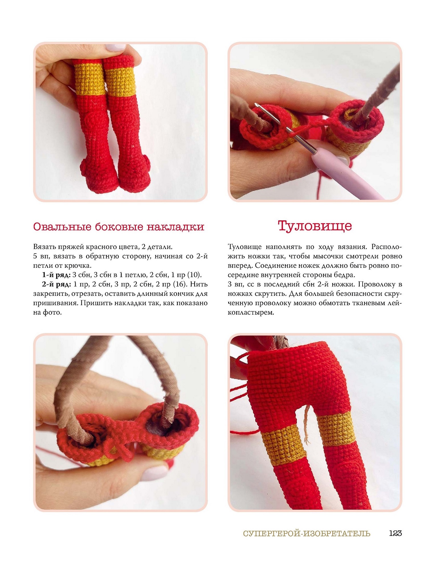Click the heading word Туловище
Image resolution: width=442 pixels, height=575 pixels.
tap(315, 226)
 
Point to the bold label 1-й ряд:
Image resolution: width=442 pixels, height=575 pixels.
tap(56, 275)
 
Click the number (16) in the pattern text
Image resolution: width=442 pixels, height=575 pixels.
tap(180, 284)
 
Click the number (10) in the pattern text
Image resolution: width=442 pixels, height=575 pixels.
tap(195, 275)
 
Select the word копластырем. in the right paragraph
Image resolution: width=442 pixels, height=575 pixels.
tap(251, 313)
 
